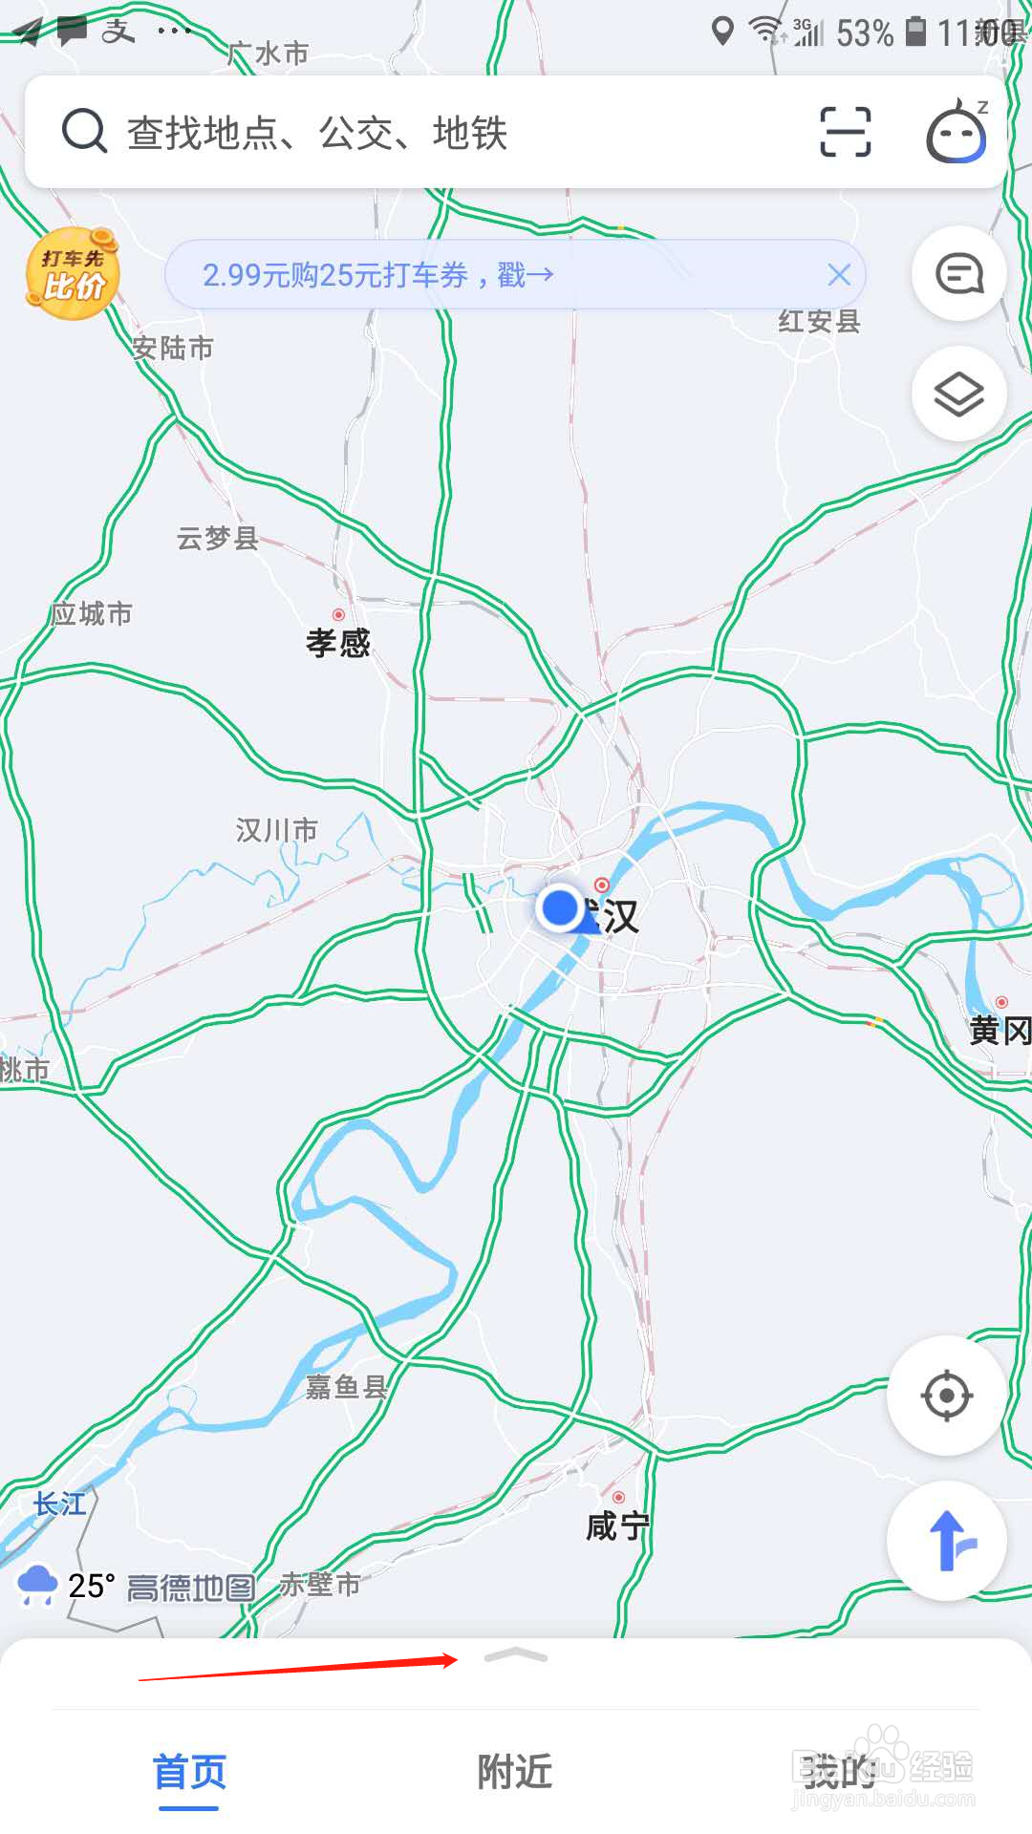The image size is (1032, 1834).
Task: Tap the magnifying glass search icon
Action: tap(84, 131)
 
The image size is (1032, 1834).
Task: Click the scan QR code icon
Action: tap(846, 132)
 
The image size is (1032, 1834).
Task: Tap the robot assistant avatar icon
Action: tap(957, 133)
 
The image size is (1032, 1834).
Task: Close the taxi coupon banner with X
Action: tap(839, 275)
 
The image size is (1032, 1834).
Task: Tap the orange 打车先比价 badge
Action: tap(73, 274)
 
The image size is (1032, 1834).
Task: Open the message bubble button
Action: tap(958, 274)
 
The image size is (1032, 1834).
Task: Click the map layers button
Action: tap(958, 394)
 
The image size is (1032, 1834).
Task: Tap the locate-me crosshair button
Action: tap(946, 1396)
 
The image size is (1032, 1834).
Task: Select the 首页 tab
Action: tap(189, 1773)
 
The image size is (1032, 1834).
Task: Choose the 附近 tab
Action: tap(515, 1773)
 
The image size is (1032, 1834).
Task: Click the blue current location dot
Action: tap(559, 907)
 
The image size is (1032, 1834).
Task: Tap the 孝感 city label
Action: tap(338, 643)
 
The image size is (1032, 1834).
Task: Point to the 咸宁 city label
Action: tap(617, 1526)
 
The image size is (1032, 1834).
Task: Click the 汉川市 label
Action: tap(276, 830)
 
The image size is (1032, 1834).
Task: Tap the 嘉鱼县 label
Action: tap(346, 1387)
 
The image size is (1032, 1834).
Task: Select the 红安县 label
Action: tap(819, 322)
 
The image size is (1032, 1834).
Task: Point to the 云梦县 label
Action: tap(218, 539)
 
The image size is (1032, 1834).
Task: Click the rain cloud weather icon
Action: tap(38, 1586)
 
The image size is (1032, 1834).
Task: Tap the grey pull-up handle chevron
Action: tap(516, 1656)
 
